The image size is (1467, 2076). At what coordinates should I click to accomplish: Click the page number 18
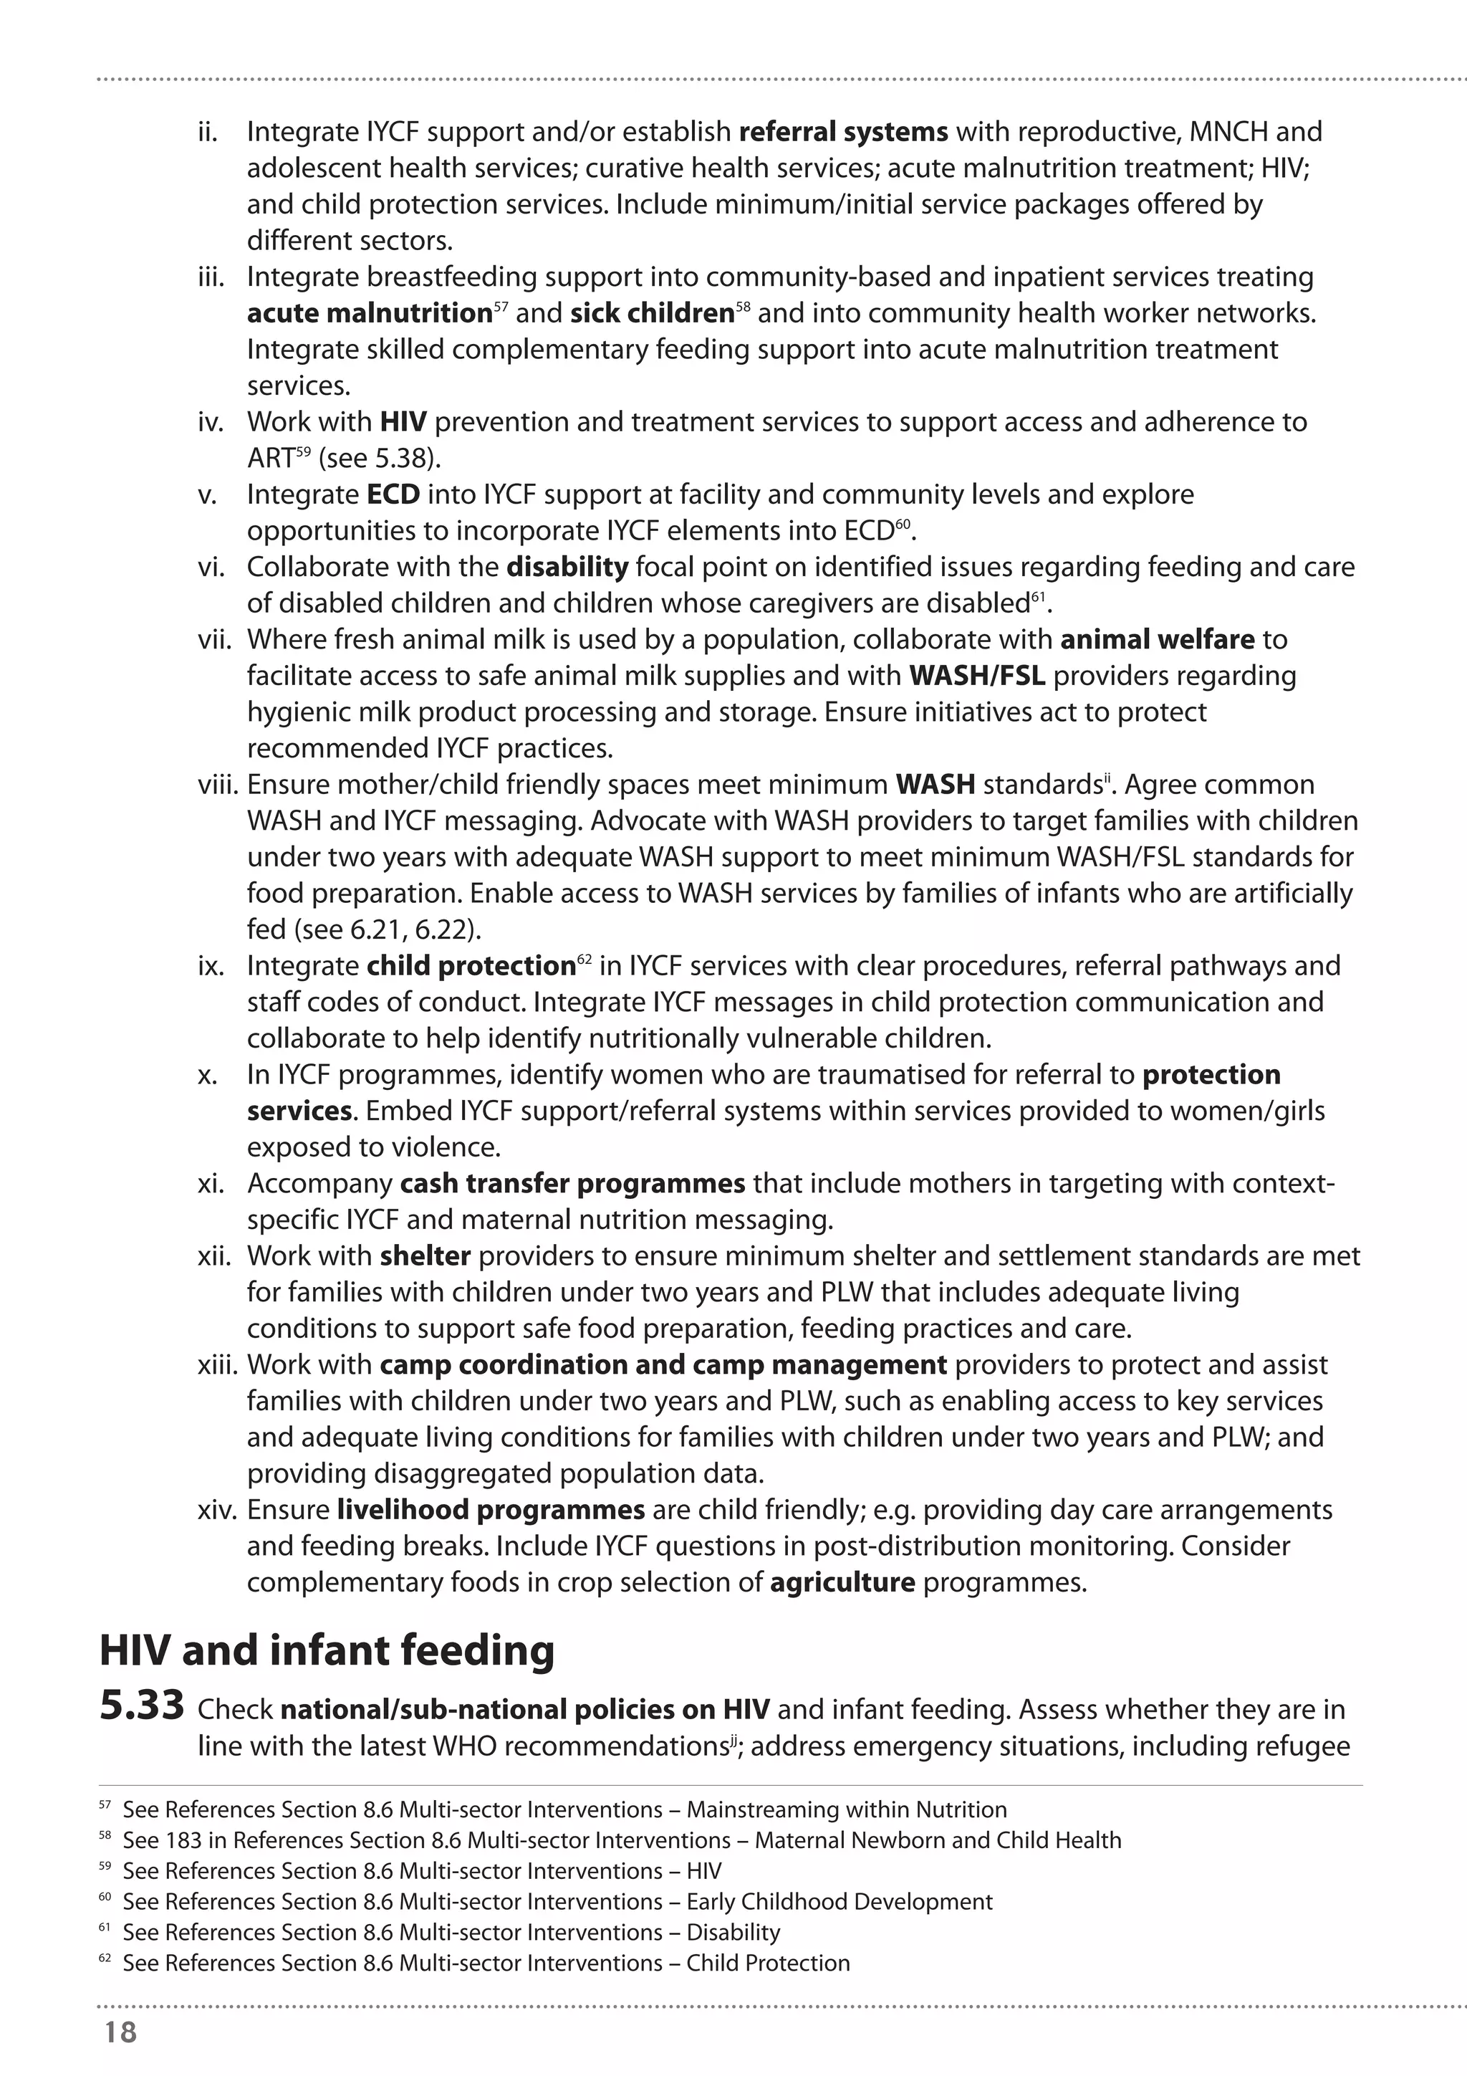point(120,2032)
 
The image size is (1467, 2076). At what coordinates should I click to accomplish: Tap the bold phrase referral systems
point(842,132)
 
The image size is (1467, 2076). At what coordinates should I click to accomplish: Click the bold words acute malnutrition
point(369,314)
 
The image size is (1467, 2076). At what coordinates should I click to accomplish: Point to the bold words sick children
point(651,314)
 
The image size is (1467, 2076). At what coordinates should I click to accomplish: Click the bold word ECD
point(393,494)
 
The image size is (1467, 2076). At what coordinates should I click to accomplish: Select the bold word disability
point(567,567)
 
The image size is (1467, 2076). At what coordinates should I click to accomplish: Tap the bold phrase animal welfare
point(1157,639)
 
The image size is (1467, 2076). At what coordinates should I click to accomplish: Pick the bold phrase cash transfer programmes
point(572,1184)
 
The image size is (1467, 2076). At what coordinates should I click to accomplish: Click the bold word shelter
point(425,1256)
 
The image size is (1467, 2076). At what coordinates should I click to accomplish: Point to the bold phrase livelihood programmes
point(490,1510)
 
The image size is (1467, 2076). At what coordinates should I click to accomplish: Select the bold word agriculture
point(842,1582)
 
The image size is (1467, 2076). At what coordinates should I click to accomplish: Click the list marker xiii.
point(217,1364)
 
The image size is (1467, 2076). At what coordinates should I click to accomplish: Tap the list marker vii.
point(215,639)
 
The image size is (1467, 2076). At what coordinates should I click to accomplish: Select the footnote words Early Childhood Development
point(839,1901)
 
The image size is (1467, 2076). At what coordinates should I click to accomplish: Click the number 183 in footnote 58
point(184,1840)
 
